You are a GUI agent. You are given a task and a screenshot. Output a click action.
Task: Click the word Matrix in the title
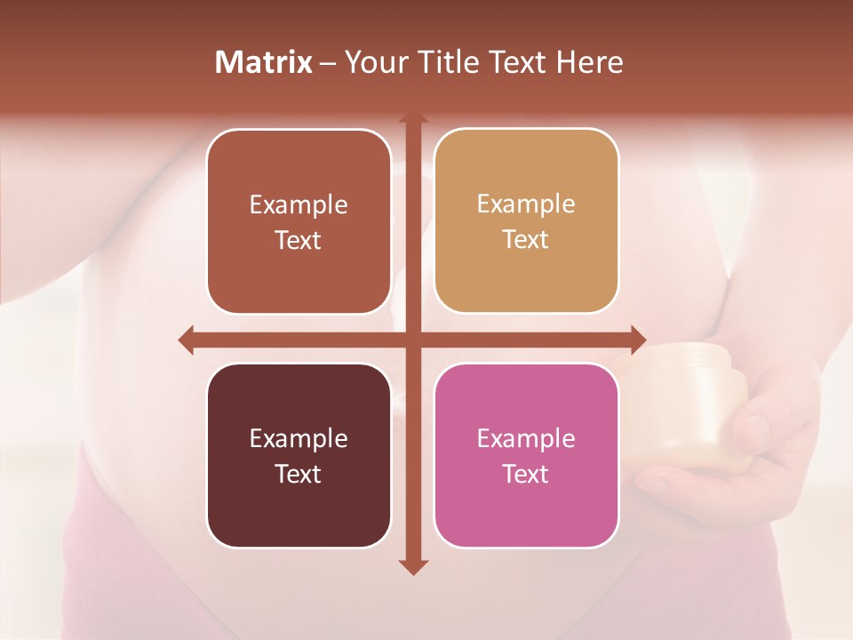pos(264,62)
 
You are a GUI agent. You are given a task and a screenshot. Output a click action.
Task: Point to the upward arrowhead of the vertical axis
pos(412,118)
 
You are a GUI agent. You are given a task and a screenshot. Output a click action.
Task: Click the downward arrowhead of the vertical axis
pos(412,566)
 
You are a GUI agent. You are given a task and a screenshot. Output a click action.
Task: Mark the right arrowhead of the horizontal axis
pos(637,340)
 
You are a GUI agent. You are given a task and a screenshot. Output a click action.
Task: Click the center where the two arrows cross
pos(412,340)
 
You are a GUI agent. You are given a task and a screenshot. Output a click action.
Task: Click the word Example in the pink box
pos(526,438)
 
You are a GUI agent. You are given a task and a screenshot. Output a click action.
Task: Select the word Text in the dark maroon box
pos(299,474)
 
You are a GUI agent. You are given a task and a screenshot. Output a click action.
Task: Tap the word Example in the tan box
pos(526,204)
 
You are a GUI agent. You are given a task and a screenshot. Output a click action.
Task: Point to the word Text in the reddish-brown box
pos(299,240)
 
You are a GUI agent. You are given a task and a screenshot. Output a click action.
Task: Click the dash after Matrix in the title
pos(328,63)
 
